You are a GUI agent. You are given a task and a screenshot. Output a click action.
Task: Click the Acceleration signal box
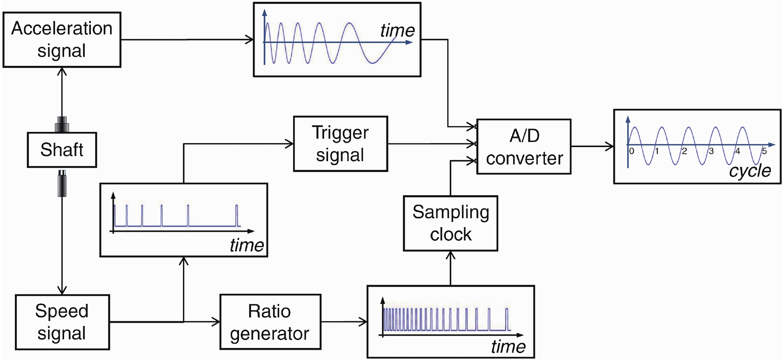[62, 40]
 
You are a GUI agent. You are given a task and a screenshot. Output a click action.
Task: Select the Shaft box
[62, 150]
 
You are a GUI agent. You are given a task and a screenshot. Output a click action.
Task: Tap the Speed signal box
[62, 322]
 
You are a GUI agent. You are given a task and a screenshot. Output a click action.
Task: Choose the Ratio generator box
[270, 322]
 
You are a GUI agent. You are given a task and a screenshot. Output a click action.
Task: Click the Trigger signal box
[340, 144]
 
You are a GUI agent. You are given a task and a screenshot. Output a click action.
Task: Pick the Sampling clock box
[450, 223]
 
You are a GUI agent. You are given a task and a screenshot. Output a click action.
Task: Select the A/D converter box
[524, 147]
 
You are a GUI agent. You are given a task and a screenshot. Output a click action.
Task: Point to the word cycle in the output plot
[750, 171]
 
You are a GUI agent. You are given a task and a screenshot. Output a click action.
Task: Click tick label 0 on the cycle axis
[632, 151]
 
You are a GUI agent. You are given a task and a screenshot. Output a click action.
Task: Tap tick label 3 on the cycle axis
[711, 151]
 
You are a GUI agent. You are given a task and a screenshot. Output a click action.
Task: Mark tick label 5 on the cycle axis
[764, 151]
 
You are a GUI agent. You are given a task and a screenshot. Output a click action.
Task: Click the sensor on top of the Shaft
[62, 124]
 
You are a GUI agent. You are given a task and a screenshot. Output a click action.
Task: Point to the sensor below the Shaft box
[62, 183]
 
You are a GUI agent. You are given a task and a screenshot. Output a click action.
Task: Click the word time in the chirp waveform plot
[397, 30]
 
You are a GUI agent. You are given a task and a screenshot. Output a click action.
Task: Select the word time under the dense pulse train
[508, 347]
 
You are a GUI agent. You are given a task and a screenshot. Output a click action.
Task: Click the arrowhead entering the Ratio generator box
[216, 322]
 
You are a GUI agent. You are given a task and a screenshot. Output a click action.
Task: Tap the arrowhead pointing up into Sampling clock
[450, 255]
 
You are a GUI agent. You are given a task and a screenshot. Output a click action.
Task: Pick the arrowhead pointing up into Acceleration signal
[62, 72]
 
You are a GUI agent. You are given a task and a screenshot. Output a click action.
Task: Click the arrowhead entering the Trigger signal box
[289, 144]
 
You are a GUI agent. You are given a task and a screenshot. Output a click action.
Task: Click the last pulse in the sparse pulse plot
[237, 215]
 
